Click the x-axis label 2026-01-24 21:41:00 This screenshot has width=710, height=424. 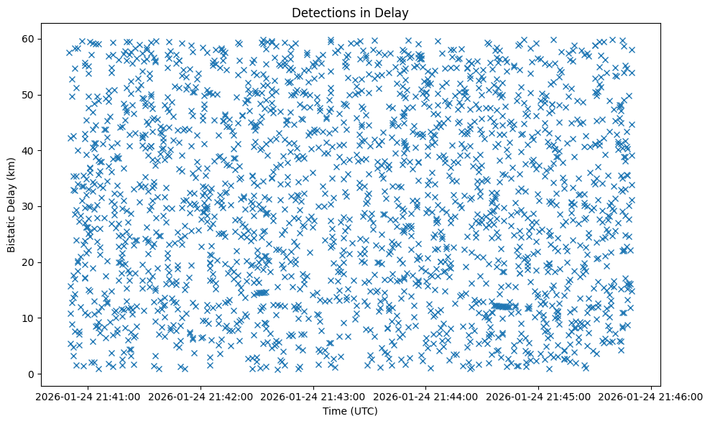pyautogui.click(x=88, y=396)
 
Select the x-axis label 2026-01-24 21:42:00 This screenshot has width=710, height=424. pyautogui.click(x=201, y=396)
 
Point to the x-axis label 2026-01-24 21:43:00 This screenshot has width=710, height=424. pyautogui.click(x=314, y=396)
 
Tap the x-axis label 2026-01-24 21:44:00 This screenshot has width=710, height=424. pyautogui.click(x=426, y=396)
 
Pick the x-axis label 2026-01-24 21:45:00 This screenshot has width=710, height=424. pyautogui.click(x=539, y=396)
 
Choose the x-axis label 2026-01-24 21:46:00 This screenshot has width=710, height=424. pyautogui.click(x=652, y=396)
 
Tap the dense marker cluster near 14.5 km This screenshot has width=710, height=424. pyautogui.click(x=260, y=292)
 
